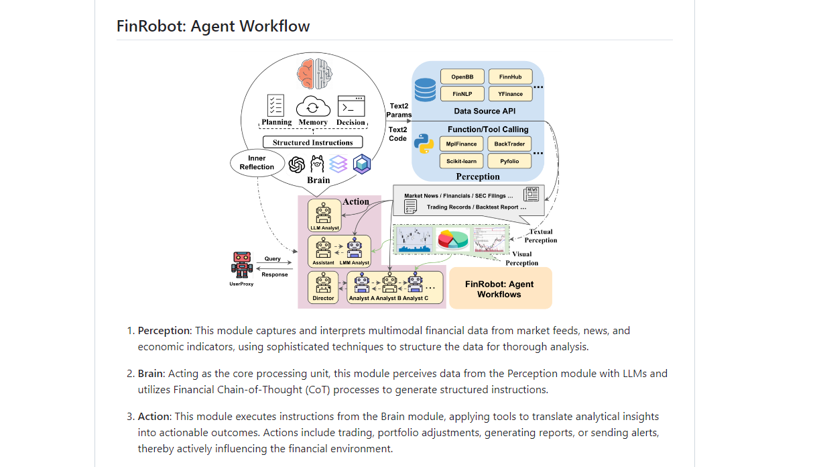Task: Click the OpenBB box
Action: (x=462, y=76)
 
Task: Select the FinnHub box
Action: (x=510, y=76)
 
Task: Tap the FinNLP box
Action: (x=462, y=94)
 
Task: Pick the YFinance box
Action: (x=510, y=94)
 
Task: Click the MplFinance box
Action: (x=462, y=144)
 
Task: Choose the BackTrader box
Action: (x=509, y=144)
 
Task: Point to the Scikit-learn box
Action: (x=462, y=161)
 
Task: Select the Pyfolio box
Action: (x=509, y=161)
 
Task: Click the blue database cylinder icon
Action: (x=425, y=89)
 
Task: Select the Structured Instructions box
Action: (x=312, y=142)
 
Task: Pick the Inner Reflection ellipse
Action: (x=257, y=162)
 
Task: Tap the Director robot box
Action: (x=323, y=287)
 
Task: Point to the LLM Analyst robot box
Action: (x=324, y=215)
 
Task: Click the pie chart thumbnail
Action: (x=452, y=239)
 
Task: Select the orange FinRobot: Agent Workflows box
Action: (x=500, y=289)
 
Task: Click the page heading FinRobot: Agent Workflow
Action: (x=213, y=26)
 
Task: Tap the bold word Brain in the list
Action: (x=151, y=374)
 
